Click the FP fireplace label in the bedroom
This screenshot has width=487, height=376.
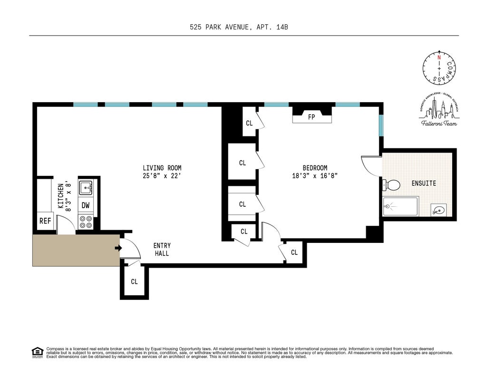click(312, 117)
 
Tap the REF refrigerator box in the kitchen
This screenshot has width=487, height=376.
click(45, 221)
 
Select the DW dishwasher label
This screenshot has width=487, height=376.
click(86, 205)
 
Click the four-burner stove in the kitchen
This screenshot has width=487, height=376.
click(86, 222)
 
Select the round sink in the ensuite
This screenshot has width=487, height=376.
click(439, 209)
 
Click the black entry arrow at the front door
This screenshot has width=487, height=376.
click(117, 248)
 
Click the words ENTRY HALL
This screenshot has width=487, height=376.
click(162, 250)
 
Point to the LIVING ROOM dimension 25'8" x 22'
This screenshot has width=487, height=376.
click(162, 175)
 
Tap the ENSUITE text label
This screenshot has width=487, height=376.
click(424, 183)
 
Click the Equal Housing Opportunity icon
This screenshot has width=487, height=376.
click(37, 352)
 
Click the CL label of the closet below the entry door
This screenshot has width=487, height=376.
click(134, 281)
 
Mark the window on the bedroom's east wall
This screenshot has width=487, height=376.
click(381, 125)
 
